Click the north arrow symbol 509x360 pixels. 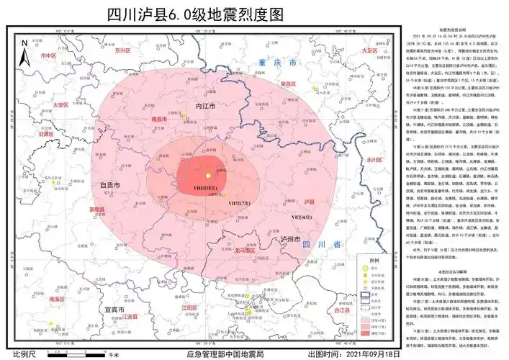pos(23,51)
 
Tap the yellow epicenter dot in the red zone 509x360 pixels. pos(207,176)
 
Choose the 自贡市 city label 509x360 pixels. pos(109,185)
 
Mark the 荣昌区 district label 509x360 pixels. pos(289,84)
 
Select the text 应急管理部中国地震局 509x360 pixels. pos(225,354)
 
